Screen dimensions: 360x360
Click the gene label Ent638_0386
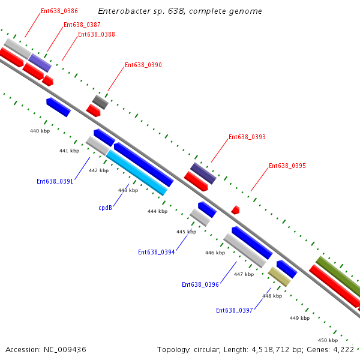59,11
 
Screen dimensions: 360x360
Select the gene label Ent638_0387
82,25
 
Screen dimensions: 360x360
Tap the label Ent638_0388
97,35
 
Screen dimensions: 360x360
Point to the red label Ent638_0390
143,65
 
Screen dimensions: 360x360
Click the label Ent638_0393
247,137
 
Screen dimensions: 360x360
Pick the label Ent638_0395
287,166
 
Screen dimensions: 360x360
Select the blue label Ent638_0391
55,181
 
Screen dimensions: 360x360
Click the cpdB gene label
106,208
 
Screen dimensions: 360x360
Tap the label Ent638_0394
156,253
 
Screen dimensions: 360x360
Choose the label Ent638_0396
200,285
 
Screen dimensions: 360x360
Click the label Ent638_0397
235,310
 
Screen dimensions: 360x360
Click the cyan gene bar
136,173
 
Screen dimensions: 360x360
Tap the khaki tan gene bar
279,277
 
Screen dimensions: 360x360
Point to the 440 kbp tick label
40,131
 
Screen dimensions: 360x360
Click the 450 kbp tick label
328,340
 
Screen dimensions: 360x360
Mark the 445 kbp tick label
186,232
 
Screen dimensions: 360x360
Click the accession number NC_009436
62,349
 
